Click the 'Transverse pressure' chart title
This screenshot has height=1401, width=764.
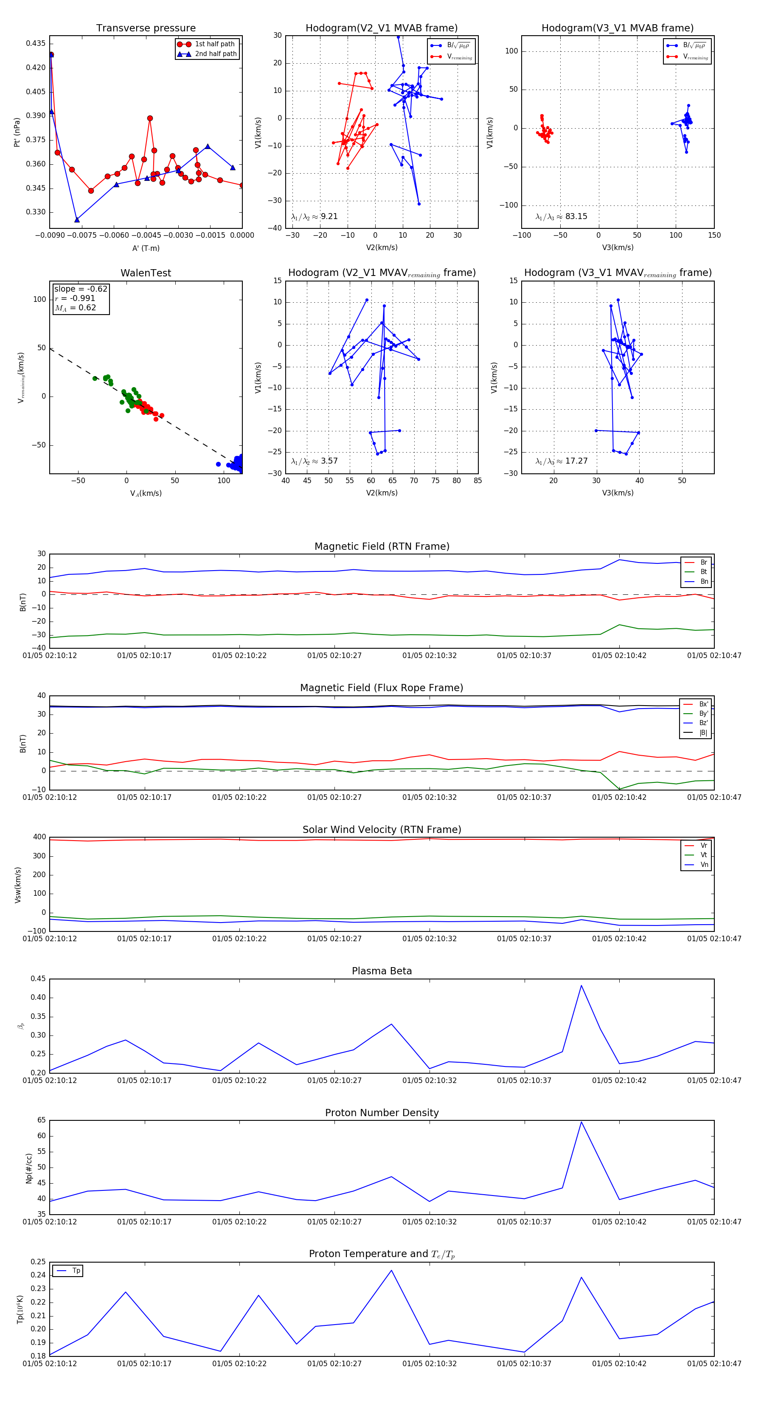tap(146, 28)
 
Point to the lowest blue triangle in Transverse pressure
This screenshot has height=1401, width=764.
tap(77, 220)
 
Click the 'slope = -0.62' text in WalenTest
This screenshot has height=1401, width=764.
tap(81, 289)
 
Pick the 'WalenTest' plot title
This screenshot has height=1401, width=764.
tap(146, 273)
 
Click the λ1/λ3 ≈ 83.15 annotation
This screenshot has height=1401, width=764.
tap(561, 217)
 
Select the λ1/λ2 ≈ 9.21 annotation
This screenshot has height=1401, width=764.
tap(314, 217)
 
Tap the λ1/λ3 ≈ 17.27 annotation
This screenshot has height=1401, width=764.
tap(561, 461)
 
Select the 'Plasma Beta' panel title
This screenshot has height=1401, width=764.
tap(382, 971)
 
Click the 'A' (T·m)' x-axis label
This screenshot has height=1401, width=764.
tap(146, 248)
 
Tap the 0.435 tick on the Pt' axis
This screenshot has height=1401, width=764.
tap(36, 43)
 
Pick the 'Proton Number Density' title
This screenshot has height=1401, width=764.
tap(382, 1113)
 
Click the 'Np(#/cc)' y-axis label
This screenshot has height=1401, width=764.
tap(29, 1168)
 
